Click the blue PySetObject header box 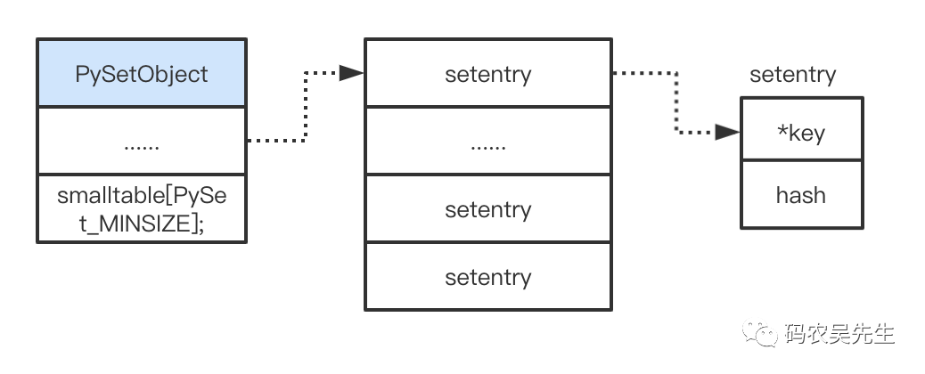142,72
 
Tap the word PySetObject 142,74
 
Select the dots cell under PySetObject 142,141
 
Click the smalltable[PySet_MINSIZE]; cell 142,208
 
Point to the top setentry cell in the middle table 488,72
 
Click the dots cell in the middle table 488,141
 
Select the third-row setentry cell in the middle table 488,208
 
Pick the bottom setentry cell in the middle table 488,276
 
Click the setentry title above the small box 792,75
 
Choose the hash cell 802,194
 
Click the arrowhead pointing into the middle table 352,73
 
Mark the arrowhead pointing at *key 727,132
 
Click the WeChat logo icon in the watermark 760,333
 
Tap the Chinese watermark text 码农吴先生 839,334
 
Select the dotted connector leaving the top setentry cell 676,102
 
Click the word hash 800,195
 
